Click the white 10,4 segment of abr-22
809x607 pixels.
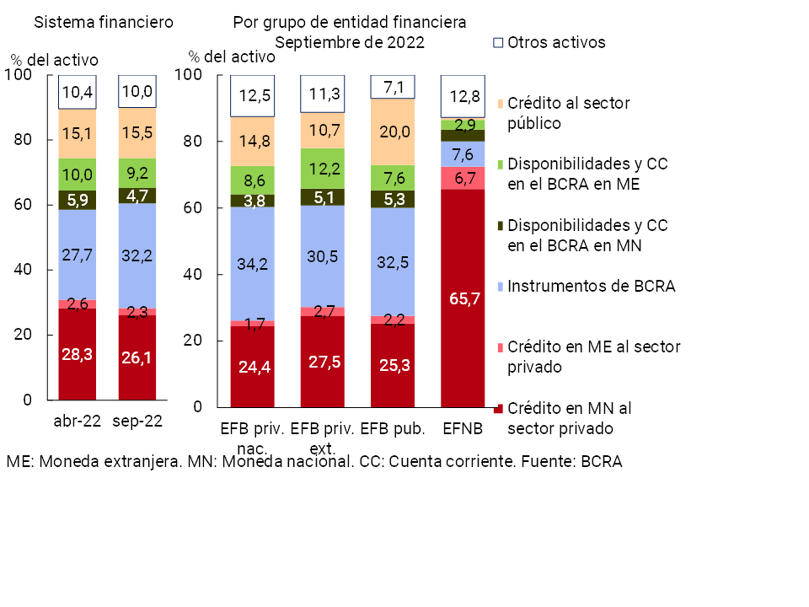[x=77, y=92]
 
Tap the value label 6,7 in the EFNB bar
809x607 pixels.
[x=463, y=179]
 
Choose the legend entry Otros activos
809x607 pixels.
[x=556, y=42]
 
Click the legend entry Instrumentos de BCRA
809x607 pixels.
[x=591, y=286]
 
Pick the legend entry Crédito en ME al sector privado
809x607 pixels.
[x=594, y=357]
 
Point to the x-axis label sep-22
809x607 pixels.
[x=137, y=422]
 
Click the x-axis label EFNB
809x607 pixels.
[x=463, y=429]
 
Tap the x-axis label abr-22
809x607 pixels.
[x=77, y=422]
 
